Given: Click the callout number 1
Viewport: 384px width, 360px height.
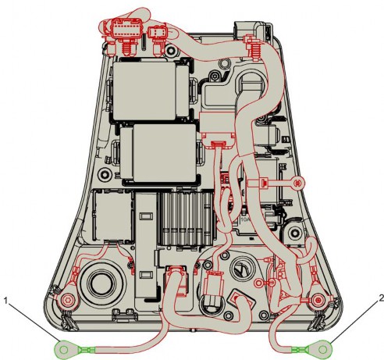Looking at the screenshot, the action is point(6,301).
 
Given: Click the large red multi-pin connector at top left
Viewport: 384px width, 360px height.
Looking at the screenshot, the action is point(126,30).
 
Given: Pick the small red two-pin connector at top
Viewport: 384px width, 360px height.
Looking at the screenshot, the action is point(156,32).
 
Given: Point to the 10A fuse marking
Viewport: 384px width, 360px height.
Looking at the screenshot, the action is point(245,219).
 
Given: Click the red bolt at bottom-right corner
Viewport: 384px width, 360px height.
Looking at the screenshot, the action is point(318,301).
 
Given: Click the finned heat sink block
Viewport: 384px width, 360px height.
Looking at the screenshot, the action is point(187,218).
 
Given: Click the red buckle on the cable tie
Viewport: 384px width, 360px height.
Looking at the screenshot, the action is point(264,183).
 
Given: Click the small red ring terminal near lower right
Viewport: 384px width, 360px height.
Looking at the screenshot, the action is point(259,283).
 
